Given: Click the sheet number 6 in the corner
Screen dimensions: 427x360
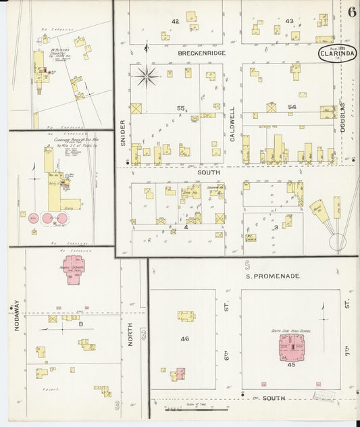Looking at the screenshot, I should point(353,11).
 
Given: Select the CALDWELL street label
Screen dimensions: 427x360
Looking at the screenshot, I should point(232,118).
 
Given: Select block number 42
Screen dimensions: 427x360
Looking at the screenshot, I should point(175,22).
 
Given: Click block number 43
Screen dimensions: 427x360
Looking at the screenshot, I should point(289,22).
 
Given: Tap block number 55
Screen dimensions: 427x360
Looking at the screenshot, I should point(180,107).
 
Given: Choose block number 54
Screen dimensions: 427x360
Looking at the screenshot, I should point(292,107).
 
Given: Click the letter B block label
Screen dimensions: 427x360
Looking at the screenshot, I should point(81,324).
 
